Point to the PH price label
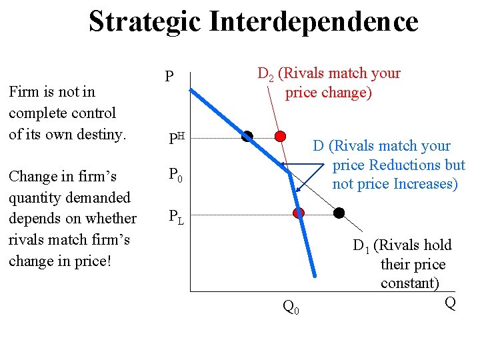click(175, 138)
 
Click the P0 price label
click(175, 176)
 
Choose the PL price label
click(176, 216)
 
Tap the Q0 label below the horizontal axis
click(291, 307)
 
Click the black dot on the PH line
click(247, 137)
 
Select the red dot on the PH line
click(281, 137)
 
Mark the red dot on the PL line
click(299, 213)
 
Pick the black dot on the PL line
click(339, 213)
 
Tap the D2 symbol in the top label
click(265, 74)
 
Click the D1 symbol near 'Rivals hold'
click(361, 247)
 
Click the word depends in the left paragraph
click(35, 219)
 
